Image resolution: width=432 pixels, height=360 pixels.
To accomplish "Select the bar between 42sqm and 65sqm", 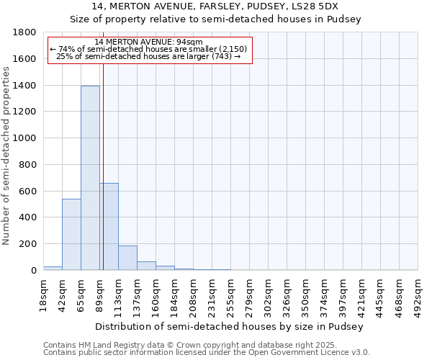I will click(71, 234).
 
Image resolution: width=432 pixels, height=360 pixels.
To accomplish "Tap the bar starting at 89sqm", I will click(109, 226).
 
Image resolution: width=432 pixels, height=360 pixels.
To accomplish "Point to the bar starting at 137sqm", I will click(146, 266).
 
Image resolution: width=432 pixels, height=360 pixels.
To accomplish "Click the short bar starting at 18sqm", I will click(53, 268).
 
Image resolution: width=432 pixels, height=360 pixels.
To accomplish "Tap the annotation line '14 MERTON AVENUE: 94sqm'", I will click(148, 42).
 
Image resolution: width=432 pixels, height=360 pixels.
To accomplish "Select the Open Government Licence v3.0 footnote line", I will click(207, 352).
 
